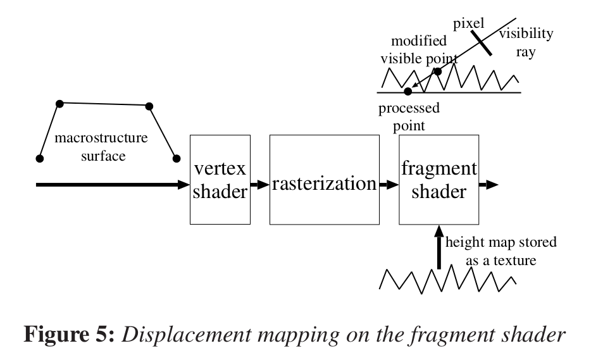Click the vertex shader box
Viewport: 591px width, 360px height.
[219, 179]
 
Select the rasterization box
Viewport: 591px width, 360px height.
[324, 180]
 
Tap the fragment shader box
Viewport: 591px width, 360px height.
[438, 180]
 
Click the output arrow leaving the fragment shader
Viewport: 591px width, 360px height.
[488, 185]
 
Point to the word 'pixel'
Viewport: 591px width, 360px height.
[469, 24]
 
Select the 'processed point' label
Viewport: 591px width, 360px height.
[409, 116]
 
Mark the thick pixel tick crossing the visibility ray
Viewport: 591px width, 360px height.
[482, 41]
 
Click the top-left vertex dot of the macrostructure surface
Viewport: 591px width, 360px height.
[59, 102]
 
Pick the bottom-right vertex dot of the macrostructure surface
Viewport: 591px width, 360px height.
[177, 158]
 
